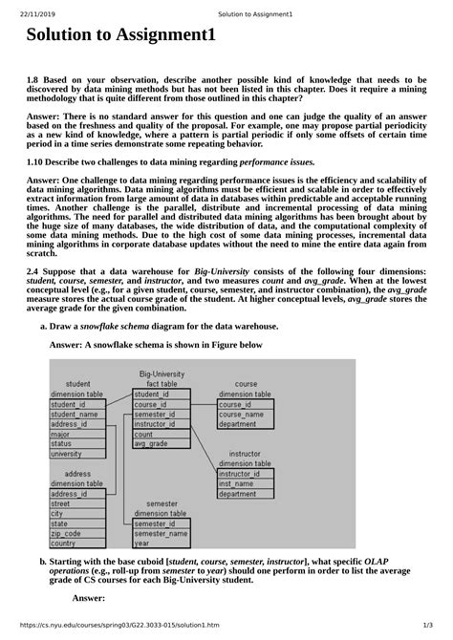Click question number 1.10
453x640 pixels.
click(x=37, y=162)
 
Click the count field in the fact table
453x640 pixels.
click(x=144, y=434)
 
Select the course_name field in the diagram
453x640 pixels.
click(x=242, y=415)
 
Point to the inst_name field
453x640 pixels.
click(x=236, y=484)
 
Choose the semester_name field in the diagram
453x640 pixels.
click(x=161, y=533)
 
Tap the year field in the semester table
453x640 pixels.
click(x=142, y=544)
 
